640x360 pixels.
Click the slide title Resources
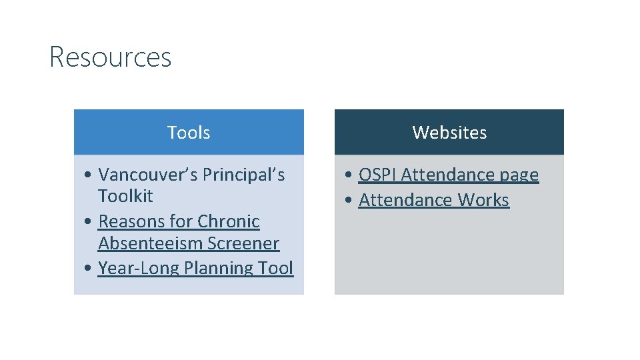pos(110,57)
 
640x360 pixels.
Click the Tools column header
pos(189,133)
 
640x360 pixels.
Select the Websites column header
pos(449,133)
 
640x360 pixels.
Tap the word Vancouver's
pos(148,175)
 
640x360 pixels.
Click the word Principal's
pos(244,175)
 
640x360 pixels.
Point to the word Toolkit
pos(125,196)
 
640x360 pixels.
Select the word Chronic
pos(229,221)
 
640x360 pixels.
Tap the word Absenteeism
pos(151,243)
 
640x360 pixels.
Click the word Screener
pos(243,243)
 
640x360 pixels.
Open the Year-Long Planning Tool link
pos(195,268)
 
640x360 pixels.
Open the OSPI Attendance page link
pos(448,175)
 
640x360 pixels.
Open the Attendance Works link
pos(433,200)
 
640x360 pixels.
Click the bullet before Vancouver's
pos(89,175)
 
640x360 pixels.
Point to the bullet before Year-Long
pos(89,269)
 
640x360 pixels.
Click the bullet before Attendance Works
pos(349,201)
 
